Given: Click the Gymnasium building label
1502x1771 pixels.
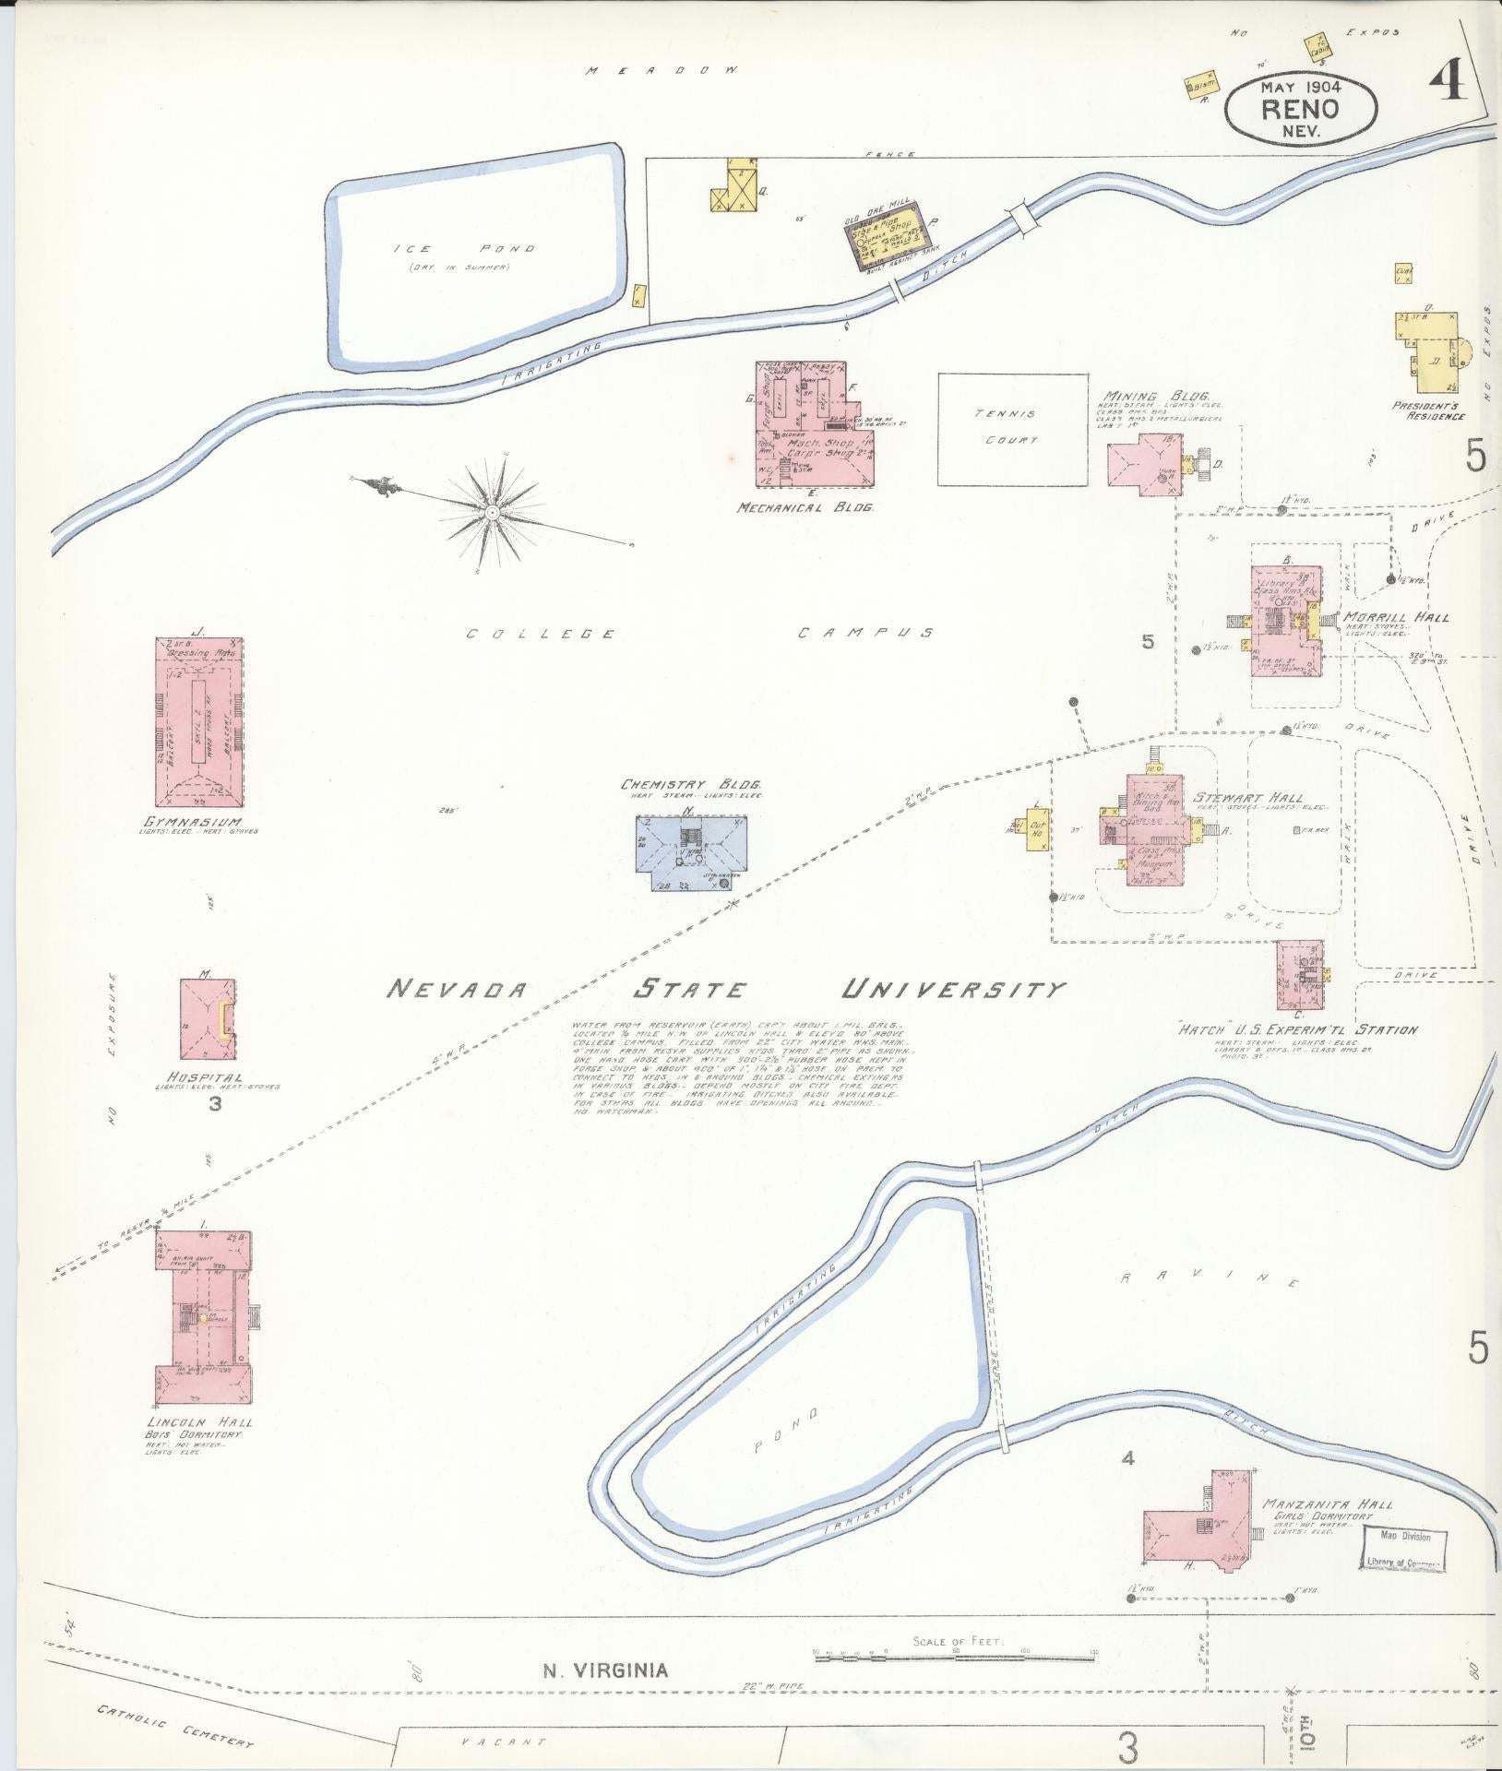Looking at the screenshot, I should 192,822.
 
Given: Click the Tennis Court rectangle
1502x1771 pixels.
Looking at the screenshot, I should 1012,428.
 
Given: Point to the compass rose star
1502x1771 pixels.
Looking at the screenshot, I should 493,508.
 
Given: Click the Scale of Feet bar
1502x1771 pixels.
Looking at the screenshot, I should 955,1658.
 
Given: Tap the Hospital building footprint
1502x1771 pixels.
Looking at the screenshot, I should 207,1018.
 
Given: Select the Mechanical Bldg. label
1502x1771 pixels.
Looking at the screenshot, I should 805,506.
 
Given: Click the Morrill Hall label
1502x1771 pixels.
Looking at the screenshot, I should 1394,617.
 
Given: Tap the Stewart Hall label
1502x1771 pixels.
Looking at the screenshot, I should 1248,797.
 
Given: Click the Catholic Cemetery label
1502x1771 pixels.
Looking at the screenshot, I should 175,1725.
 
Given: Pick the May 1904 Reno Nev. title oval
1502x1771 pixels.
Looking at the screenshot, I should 1300,108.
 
